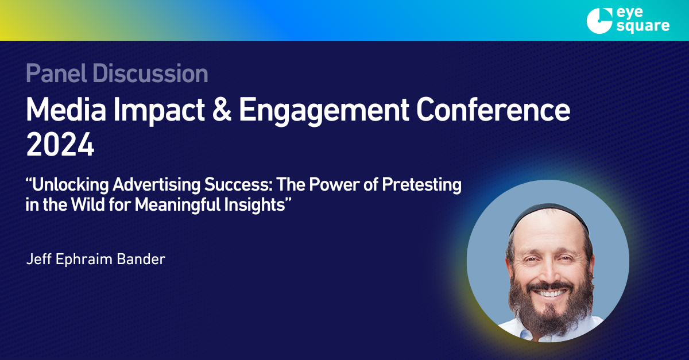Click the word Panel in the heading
(x=56, y=73)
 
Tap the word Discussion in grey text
(x=150, y=73)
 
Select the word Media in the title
(x=66, y=110)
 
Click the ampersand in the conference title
(x=222, y=110)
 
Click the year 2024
(x=60, y=145)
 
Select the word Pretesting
(x=421, y=185)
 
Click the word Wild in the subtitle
(x=88, y=204)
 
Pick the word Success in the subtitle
(x=238, y=185)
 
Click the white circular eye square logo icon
(x=599, y=21)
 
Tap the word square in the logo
(x=643, y=26)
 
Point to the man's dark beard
(x=551, y=311)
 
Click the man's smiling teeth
(x=551, y=293)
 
